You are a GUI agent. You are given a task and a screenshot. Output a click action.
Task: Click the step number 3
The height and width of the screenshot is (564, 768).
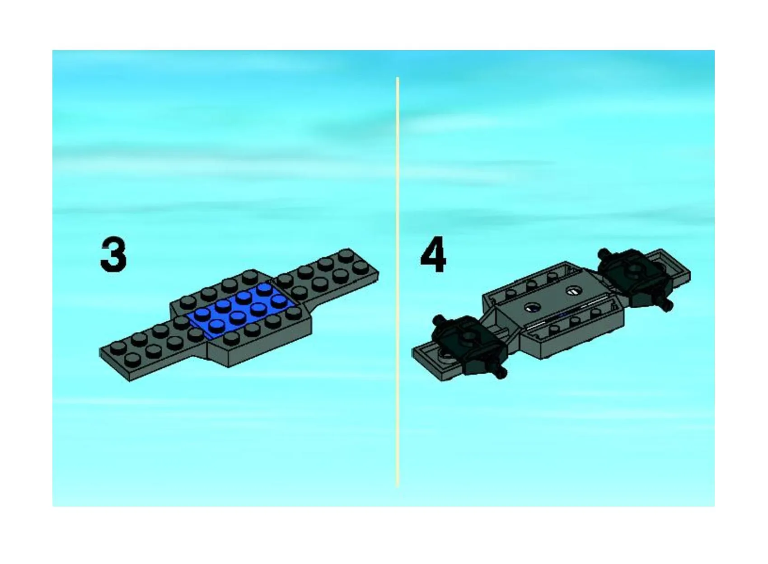point(113,255)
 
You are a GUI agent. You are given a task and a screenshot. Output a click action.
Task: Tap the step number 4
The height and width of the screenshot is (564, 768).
point(433,254)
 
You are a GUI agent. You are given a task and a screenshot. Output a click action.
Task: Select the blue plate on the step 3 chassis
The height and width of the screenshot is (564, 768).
point(244,310)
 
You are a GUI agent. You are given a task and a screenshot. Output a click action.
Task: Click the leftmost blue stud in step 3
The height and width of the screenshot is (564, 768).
point(203,313)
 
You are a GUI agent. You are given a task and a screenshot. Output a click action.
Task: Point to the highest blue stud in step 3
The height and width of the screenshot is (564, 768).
point(264,287)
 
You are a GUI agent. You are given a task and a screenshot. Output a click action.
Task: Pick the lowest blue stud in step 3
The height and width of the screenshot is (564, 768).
point(217,324)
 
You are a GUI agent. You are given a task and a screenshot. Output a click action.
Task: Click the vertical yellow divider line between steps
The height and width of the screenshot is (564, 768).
point(398,281)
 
